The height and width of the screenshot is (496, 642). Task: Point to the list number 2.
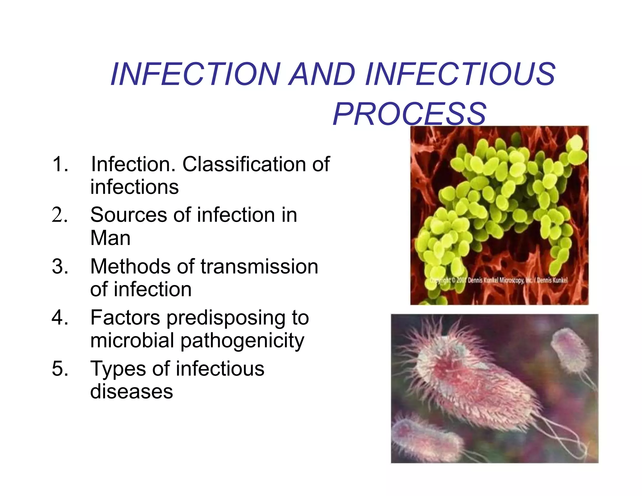[59, 215]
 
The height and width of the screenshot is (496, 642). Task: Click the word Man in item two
[110, 238]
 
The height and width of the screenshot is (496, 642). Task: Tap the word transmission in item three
[259, 266]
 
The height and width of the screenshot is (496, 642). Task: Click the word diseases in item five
[131, 391]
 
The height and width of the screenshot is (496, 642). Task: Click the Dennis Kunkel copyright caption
[498, 280]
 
